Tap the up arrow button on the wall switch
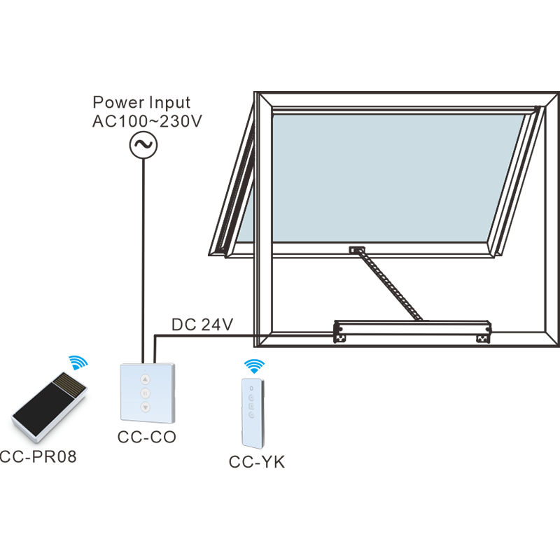pyautogui.click(x=145, y=379)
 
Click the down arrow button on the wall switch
pyautogui.click(x=145, y=407)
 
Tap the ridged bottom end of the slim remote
pyautogui.click(x=252, y=442)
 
